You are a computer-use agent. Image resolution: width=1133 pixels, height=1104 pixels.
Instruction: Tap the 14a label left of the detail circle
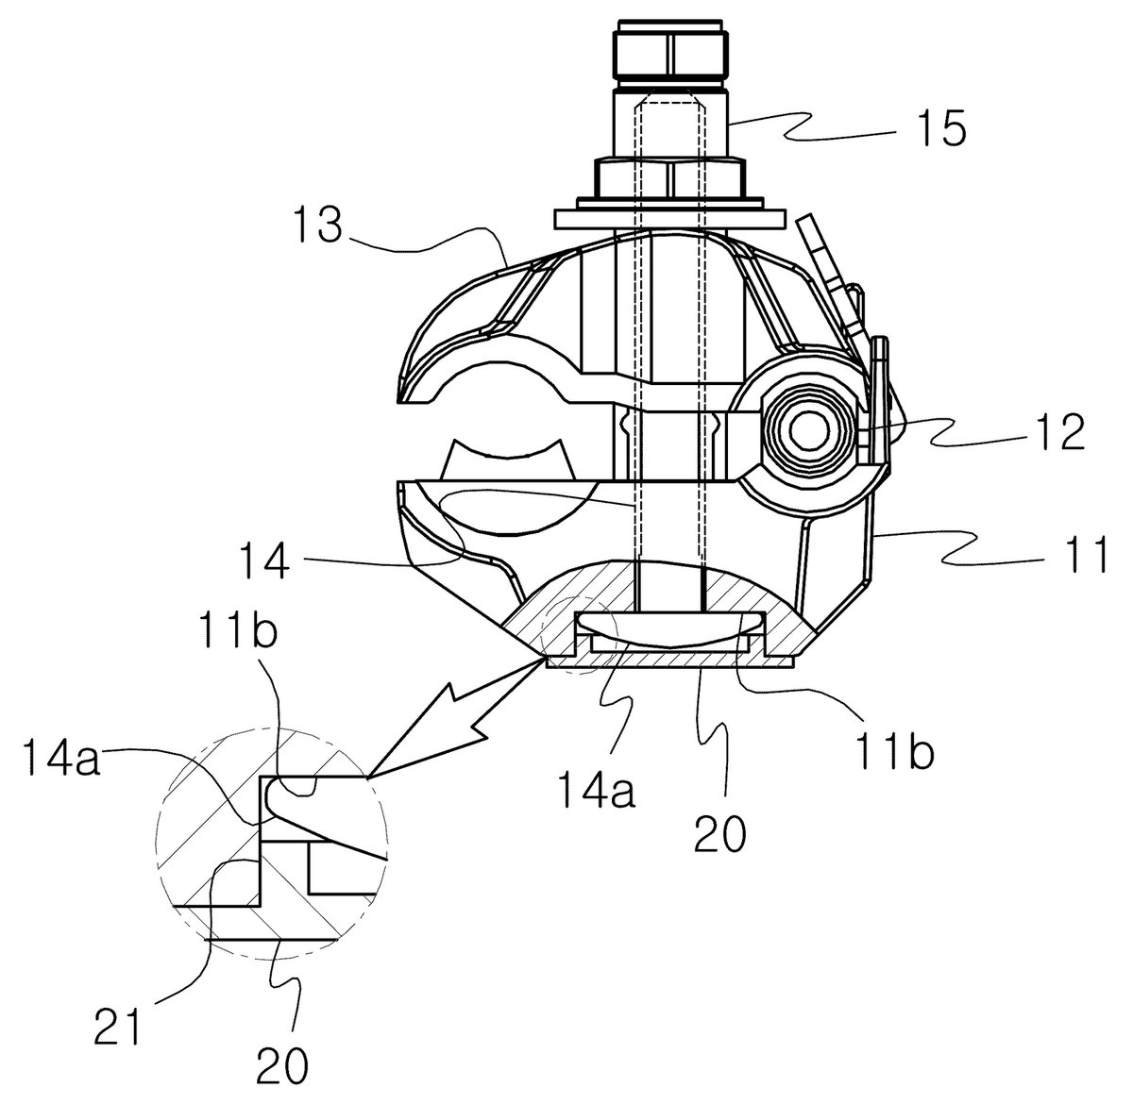tap(63, 757)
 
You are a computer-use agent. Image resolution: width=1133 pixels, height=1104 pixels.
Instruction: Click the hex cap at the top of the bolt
tap(670, 56)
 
